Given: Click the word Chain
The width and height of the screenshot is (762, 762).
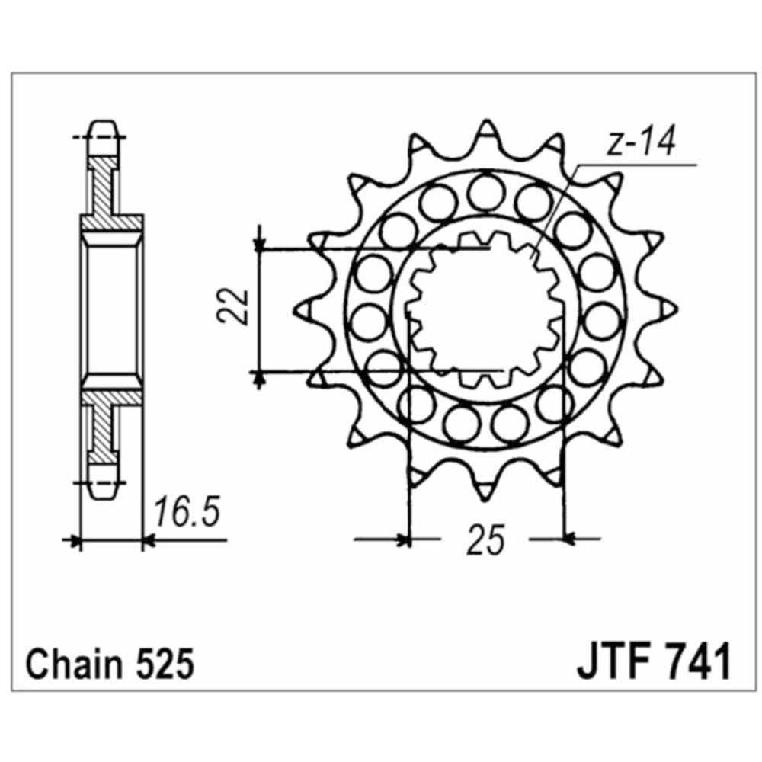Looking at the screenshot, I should coord(73,664).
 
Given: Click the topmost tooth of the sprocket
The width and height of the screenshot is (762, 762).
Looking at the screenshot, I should coord(485,131).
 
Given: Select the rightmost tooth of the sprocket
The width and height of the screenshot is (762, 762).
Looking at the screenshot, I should coord(669,308).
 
